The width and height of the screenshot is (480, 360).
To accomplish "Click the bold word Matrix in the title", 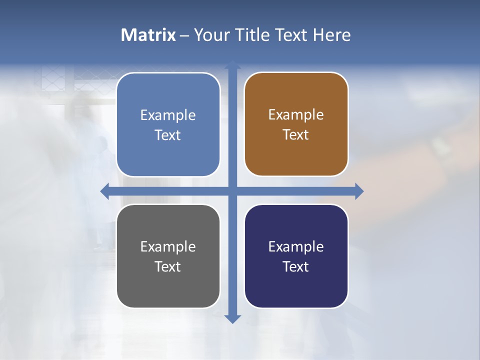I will [x=148, y=35].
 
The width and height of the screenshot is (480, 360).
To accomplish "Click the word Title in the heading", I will [x=254, y=35].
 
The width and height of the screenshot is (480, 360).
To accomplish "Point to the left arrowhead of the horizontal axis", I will [x=105, y=191].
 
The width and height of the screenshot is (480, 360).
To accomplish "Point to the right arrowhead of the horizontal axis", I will [x=358, y=191].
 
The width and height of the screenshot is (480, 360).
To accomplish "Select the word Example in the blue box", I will [x=168, y=115].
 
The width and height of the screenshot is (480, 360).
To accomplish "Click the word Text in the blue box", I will [x=168, y=135].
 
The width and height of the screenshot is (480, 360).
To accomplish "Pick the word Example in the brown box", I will [x=296, y=115].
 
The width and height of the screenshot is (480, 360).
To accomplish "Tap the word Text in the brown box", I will [x=296, y=135].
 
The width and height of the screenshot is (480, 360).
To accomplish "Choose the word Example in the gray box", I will [x=168, y=247].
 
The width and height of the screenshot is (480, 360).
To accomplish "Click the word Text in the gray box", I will [x=168, y=267].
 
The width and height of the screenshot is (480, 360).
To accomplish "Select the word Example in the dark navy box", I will [x=296, y=247].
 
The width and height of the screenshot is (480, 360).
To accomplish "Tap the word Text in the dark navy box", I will [x=296, y=267].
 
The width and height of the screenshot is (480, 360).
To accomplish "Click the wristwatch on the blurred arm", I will [x=441, y=145].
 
